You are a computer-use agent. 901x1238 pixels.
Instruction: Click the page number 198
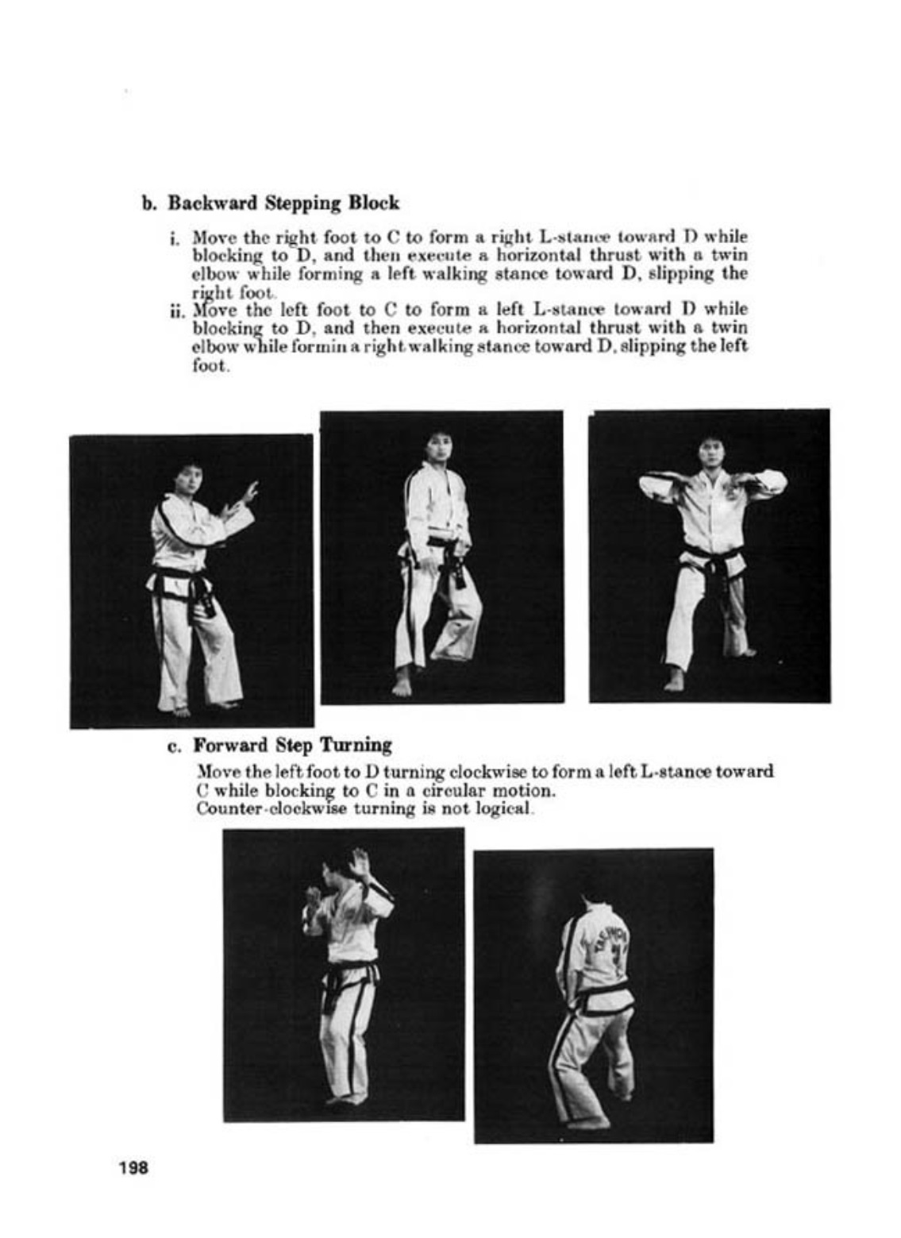[x=134, y=1168]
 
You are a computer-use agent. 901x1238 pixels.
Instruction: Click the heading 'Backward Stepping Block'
[x=283, y=203]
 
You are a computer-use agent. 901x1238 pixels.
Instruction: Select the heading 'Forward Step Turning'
[x=292, y=746]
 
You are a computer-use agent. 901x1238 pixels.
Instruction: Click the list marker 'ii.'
[x=176, y=310]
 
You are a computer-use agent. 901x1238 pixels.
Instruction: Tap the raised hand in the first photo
[x=249, y=492]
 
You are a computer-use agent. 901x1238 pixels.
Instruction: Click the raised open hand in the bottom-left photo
[x=360, y=864]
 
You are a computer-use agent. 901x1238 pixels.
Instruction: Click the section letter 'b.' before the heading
[x=149, y=204]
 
